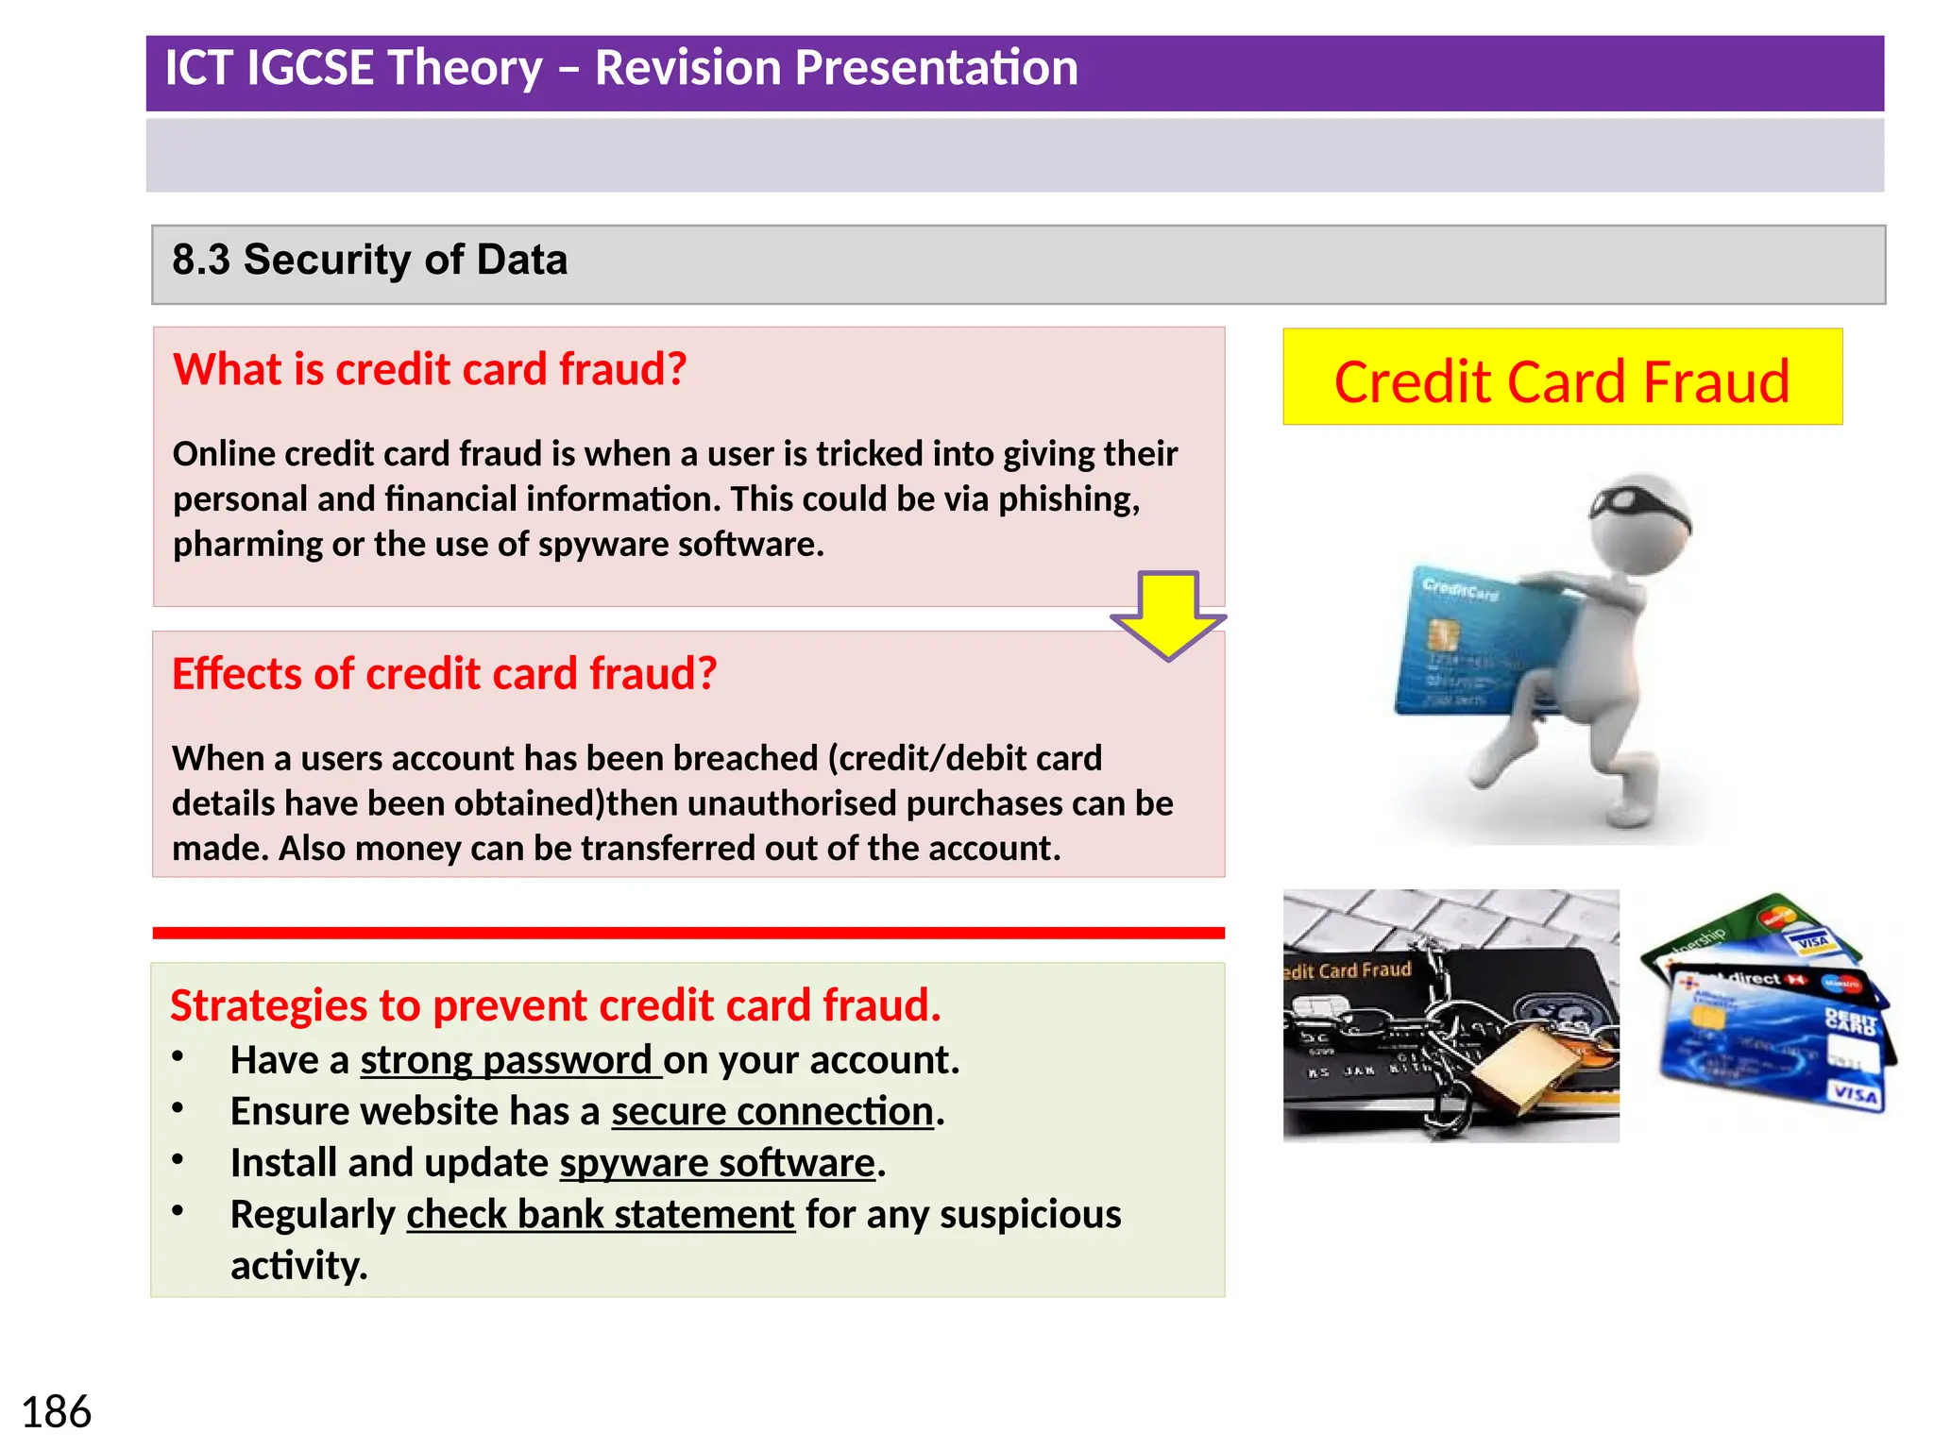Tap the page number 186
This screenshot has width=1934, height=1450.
[x=56, y=1413]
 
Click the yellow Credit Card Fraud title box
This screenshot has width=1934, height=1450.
[x=1561, y=378]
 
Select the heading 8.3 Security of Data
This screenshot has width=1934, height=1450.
[x=369, y=260]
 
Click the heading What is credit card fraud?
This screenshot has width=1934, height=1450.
[x=430, y=369]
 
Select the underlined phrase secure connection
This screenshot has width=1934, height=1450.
[x=772, y=1111]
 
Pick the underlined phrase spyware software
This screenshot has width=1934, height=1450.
[x=718, y=1163]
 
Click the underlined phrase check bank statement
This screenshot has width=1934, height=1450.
[x=601, y=1214]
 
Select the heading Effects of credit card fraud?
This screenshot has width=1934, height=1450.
[x=444, y=674]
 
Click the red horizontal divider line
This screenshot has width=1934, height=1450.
[x=688, y=933]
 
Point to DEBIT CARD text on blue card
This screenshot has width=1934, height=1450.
[x=1851, y=1022]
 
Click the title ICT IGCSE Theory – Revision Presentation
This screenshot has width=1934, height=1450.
[x=621, y=68]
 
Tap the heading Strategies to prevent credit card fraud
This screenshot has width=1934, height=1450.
[x=555, y=1005]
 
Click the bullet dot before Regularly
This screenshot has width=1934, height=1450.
[x=178, y=1211]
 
